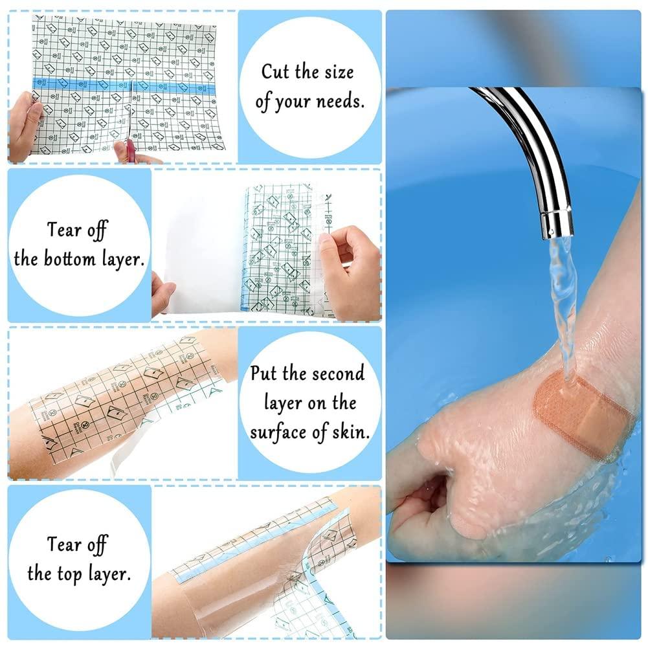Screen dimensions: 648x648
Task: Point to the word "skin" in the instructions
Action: tap(350, 432)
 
